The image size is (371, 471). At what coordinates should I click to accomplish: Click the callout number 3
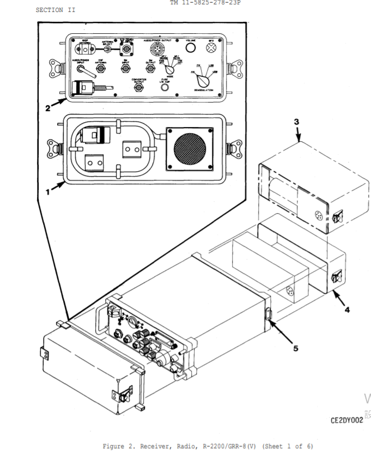click(x=296, y=122)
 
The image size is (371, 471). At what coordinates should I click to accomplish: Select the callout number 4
click(x=346, y=310)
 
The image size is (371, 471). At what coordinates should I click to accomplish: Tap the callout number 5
click(x=296, y=348)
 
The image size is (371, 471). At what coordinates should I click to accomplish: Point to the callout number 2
click(x=48, y=108)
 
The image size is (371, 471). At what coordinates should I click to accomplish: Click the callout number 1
click(x=48, y=192)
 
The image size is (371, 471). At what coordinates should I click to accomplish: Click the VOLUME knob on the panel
click(x=190, y=49)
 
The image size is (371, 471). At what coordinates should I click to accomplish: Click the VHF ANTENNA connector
click(x=101, y=71)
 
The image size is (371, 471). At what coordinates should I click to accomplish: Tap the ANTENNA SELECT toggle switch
click(x=108, y=50)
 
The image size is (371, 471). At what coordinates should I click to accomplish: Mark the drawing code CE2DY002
click(x=346, y=420)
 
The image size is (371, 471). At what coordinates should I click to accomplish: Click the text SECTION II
click(x=56, y=10)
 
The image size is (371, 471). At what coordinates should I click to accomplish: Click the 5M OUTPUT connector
click(x=150, y=71)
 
